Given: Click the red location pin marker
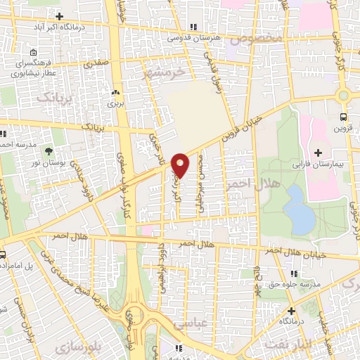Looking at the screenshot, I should point(181,165).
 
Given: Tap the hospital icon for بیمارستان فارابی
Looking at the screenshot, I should point(318,153).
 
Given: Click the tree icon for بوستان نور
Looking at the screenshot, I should point(49,151).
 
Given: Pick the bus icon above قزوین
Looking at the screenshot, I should point(343,117).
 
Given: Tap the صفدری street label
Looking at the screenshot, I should point(97,63).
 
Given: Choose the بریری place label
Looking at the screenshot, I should point(115,103).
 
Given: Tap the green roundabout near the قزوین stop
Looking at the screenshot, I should point(343,96).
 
